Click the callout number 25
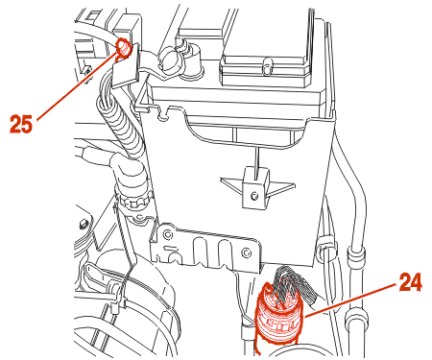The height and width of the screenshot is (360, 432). [x=21, y=124]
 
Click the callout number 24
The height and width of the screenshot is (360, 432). [x=411, y=282]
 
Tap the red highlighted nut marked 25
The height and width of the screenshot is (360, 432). [x=124, y=48]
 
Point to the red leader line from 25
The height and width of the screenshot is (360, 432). [x=77, y=87]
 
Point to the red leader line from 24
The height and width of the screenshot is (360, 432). [x=351, y=300]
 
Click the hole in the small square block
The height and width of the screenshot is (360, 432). [x=254, y=195]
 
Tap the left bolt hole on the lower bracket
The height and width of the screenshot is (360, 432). [x=166, y=234]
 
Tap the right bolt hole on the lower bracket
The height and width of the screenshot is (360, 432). [x=247, y=252]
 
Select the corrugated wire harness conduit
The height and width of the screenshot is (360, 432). [x=121, y=127]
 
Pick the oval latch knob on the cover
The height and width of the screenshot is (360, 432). [x=268, y=66]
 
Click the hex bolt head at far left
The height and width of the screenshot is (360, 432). [x=84, y=224]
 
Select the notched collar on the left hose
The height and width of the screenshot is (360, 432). [x=133, y=202]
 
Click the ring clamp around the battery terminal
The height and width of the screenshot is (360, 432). [x=169, y=59]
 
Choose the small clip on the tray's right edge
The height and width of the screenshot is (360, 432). [x=325, y=246]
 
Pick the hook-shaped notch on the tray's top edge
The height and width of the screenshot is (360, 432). [x=164, y=112]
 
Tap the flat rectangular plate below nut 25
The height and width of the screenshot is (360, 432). [x=126, y=73]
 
